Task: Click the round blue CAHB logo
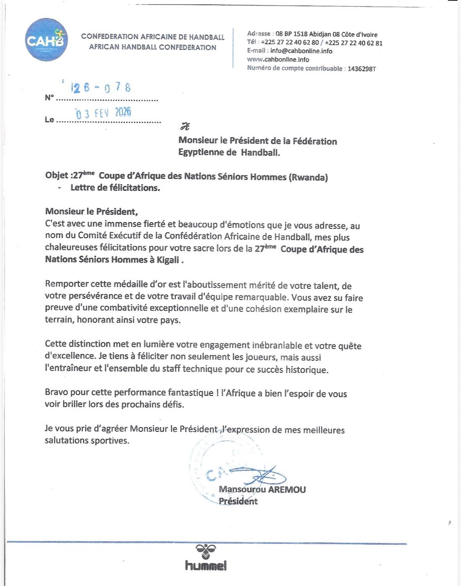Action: pyautogui.click(x=46, y=40)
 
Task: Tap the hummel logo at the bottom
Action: pyautogui.click(x=206, y=558)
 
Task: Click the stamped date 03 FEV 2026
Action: pyautogui.click(x=103, y=113)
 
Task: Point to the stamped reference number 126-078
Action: pyautogui.click(x=101, y=87)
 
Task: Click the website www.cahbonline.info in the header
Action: pyautogui.click(x=278, y=59)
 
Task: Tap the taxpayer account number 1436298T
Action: pyautogui.click(x=361, y=69)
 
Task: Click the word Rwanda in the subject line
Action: pyautogui.click(x=308, y=177)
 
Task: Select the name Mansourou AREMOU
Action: pyautogui.click(x=262, y=489)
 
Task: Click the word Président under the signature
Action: pyautogui.click(x=238, y=501)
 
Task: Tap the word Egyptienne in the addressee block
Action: pyautogui.click(x=202, y=152)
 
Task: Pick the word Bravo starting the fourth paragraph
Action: pyautogui.click(x=56, y=393)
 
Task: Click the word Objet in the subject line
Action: pyautogui.click(x=56, y=175)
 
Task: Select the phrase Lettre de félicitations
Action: pyautogui.click(x=115, y=188)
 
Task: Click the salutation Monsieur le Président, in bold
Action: pyautogui.click(x=91, y=211)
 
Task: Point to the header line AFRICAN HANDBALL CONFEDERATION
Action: pyautogui.click(x=152, y=47)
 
